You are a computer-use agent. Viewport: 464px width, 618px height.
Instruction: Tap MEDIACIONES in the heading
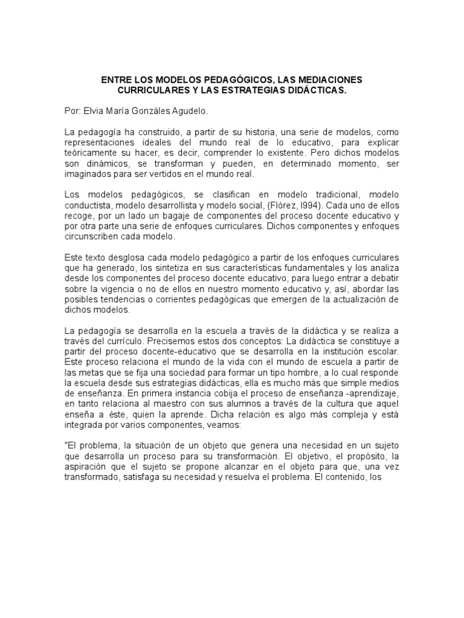pyautogui.click(x=329, y=80)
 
